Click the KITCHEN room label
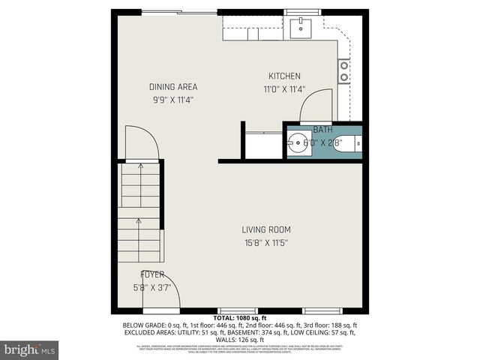(285, 76)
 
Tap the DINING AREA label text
(172, 87)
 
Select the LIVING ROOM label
(265, 229)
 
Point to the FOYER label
(152, 274)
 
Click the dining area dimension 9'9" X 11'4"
(172, 99)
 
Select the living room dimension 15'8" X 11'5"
(265, 242)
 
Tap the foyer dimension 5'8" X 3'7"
(152, 286)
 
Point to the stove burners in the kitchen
(344, 71)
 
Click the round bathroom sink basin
(298, 142)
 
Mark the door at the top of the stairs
(141, 142)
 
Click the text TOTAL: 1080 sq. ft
(239, 318)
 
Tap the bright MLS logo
(30, 349)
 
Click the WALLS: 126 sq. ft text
(239, 338)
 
